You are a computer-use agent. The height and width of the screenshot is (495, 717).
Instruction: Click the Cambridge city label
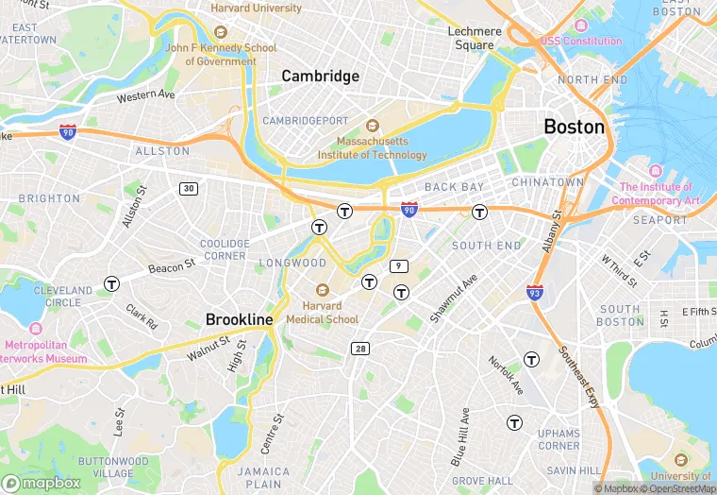[321, 77]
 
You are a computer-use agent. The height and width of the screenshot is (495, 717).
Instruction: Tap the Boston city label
[574, 126]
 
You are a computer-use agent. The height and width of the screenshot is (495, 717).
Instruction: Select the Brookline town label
[240, 319]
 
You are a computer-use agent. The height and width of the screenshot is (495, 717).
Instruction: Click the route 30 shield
[190, 189]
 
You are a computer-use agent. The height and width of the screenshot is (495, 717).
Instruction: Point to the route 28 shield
[360, 349]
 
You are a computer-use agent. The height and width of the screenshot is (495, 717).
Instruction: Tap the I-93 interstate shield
[535, 292]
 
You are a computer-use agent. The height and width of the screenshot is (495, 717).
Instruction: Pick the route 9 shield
[400, 265]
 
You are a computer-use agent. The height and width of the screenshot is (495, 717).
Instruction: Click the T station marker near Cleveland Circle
[112, 282]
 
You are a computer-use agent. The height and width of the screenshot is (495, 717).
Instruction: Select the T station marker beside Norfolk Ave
[531, 359]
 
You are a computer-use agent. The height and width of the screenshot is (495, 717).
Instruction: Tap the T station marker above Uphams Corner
[514, 422]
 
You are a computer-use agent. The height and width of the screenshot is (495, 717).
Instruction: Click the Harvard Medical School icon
[323, 290]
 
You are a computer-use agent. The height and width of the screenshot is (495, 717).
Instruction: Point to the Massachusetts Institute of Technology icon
[371, 125]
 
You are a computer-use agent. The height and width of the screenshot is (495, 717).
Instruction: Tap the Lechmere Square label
[474, 38]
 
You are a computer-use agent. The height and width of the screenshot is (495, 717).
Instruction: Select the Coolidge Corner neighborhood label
[224, 249]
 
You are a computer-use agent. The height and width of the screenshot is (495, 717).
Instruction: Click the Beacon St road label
[172, 267]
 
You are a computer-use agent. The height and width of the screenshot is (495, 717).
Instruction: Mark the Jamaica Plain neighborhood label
[263, 478]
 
